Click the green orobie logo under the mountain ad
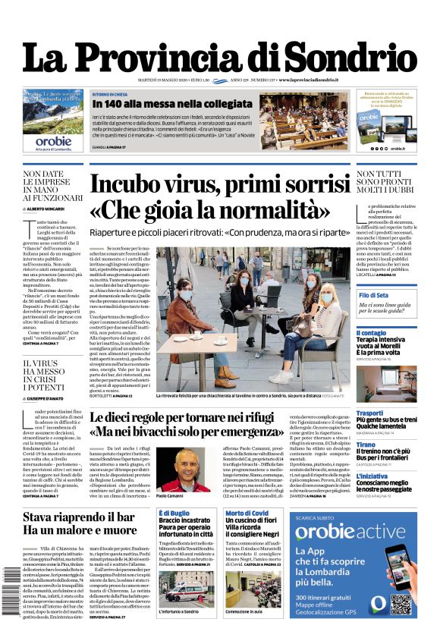click(54, 141)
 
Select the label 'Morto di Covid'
click(247, 514)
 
